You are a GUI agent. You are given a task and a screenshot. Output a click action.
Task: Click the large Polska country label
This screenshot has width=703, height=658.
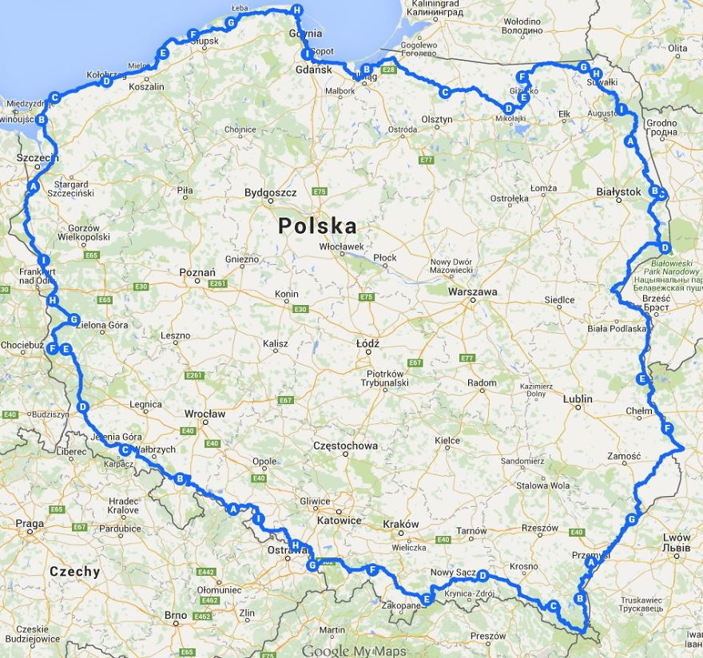[317, 225]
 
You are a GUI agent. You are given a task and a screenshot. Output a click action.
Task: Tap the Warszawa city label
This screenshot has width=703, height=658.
[472, 291]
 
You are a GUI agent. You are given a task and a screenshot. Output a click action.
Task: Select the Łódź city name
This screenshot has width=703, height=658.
[368, 343]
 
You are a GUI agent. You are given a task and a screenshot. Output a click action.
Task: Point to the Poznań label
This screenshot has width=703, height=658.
[197, 272]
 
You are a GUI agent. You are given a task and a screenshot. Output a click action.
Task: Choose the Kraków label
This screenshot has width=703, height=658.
[400, 524]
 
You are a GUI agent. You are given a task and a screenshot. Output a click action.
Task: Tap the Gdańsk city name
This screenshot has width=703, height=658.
[312, 70]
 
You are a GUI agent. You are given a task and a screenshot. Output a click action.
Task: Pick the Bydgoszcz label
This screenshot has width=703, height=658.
[270, 192]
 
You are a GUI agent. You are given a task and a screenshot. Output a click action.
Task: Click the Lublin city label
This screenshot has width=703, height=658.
[578, 398]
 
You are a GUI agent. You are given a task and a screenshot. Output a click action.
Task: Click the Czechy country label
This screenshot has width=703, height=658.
[75, 572]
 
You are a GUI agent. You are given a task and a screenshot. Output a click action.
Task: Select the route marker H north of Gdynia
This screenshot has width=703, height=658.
[297, 10]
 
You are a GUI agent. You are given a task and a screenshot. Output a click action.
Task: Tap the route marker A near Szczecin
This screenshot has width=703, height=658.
[33, 186]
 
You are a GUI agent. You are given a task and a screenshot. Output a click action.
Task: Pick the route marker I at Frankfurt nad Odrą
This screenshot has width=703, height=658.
[43, 260]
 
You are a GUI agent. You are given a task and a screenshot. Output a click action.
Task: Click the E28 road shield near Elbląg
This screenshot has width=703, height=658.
[389, 70]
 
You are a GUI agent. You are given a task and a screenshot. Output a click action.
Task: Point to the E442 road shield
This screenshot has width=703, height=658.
[207, 573]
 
